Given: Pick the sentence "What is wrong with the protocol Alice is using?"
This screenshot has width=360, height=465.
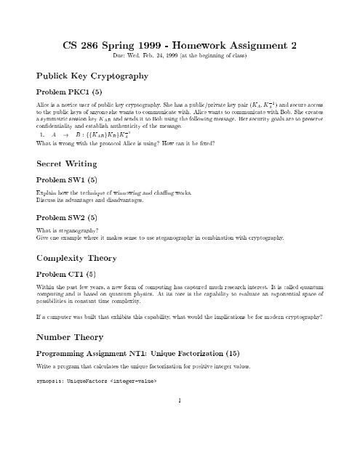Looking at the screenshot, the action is [92, 142].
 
